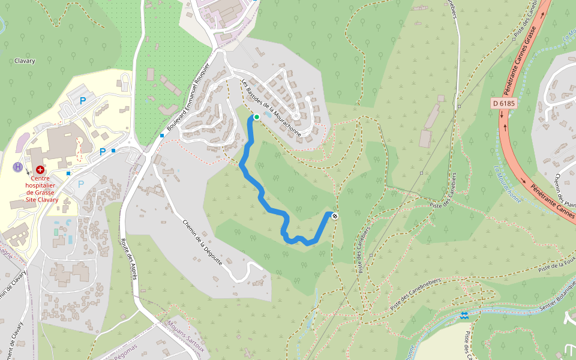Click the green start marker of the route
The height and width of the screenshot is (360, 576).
(257, 117)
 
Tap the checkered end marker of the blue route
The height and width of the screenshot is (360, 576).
(334, 216)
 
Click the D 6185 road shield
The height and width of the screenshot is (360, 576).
(504, 103)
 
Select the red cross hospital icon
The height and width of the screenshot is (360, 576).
(40, 170)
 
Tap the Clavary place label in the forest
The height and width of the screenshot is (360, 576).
(25, 61)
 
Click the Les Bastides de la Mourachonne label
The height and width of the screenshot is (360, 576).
(271, 108)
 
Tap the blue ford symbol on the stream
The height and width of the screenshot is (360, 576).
(464, 315)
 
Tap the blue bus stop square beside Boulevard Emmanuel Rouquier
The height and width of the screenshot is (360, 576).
(163, 136)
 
